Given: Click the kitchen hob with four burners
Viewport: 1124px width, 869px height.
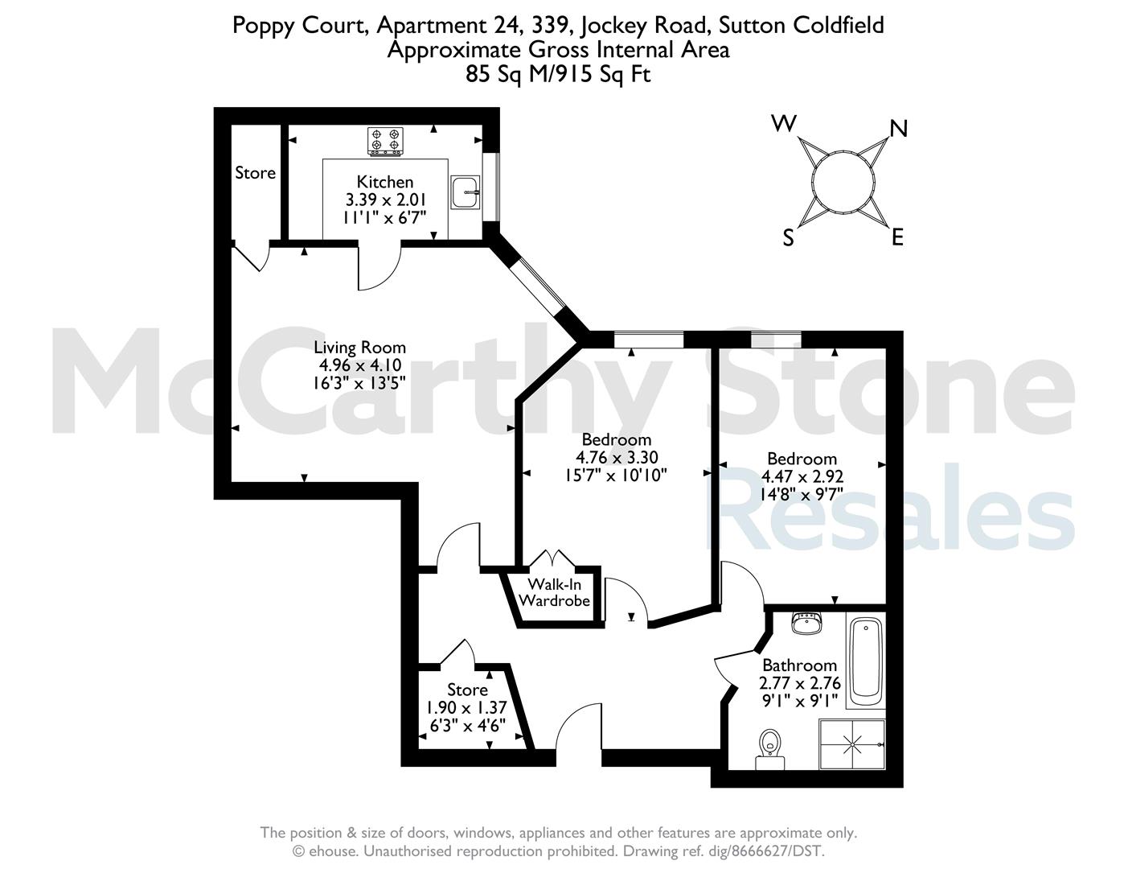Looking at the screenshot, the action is (385, 141).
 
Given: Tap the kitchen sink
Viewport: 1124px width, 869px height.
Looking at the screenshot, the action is (466, 192).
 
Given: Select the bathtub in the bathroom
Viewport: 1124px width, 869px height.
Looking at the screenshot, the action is (865, 661).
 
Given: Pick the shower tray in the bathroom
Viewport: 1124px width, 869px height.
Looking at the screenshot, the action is (852, 744).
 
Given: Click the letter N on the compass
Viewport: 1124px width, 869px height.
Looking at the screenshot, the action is (898, 129).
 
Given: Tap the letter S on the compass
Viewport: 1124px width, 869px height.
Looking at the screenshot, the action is (788, 238).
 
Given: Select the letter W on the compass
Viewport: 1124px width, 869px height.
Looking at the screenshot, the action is (784, 124).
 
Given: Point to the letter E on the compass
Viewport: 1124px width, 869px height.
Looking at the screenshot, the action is (897, 237).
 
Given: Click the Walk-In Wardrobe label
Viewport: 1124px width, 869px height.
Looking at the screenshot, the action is (555, 593).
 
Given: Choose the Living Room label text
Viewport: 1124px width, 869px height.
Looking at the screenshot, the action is (360, 347).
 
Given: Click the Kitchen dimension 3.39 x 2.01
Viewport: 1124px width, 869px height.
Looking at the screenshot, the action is (385, 200).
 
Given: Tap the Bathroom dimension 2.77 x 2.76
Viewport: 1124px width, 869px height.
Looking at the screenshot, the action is (800, 683).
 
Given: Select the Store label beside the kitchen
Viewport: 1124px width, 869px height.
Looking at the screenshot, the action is (255, 172).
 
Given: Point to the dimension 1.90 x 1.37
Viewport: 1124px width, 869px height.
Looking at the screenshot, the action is (466, 707).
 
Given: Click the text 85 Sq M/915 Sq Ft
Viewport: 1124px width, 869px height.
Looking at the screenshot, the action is (558, 74).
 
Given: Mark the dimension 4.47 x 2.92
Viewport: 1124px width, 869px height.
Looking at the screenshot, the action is (802, 476).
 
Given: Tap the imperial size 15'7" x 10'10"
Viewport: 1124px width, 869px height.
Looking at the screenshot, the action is (616, 475).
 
